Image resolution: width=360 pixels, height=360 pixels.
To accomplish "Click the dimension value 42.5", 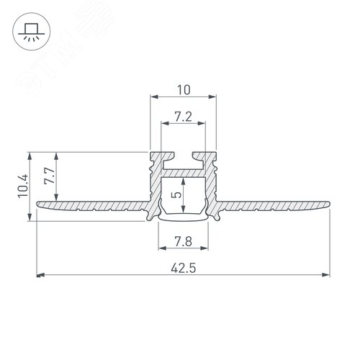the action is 184,268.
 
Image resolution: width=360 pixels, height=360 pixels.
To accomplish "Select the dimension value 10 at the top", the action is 184,90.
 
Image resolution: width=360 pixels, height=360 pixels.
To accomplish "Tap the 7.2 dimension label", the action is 184,117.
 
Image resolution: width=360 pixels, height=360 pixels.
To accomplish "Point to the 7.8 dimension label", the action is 183,241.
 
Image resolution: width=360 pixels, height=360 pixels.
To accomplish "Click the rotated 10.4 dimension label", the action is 24,186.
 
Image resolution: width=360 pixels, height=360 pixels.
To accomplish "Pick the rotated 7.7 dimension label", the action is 50,176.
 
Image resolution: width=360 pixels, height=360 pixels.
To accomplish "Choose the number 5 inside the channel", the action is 177,194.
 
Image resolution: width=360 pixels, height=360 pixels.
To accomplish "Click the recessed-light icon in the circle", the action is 32,32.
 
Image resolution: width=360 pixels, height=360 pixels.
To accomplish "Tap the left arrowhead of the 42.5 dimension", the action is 40,275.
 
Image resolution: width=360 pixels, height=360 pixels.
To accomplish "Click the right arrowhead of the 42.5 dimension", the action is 325,275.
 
